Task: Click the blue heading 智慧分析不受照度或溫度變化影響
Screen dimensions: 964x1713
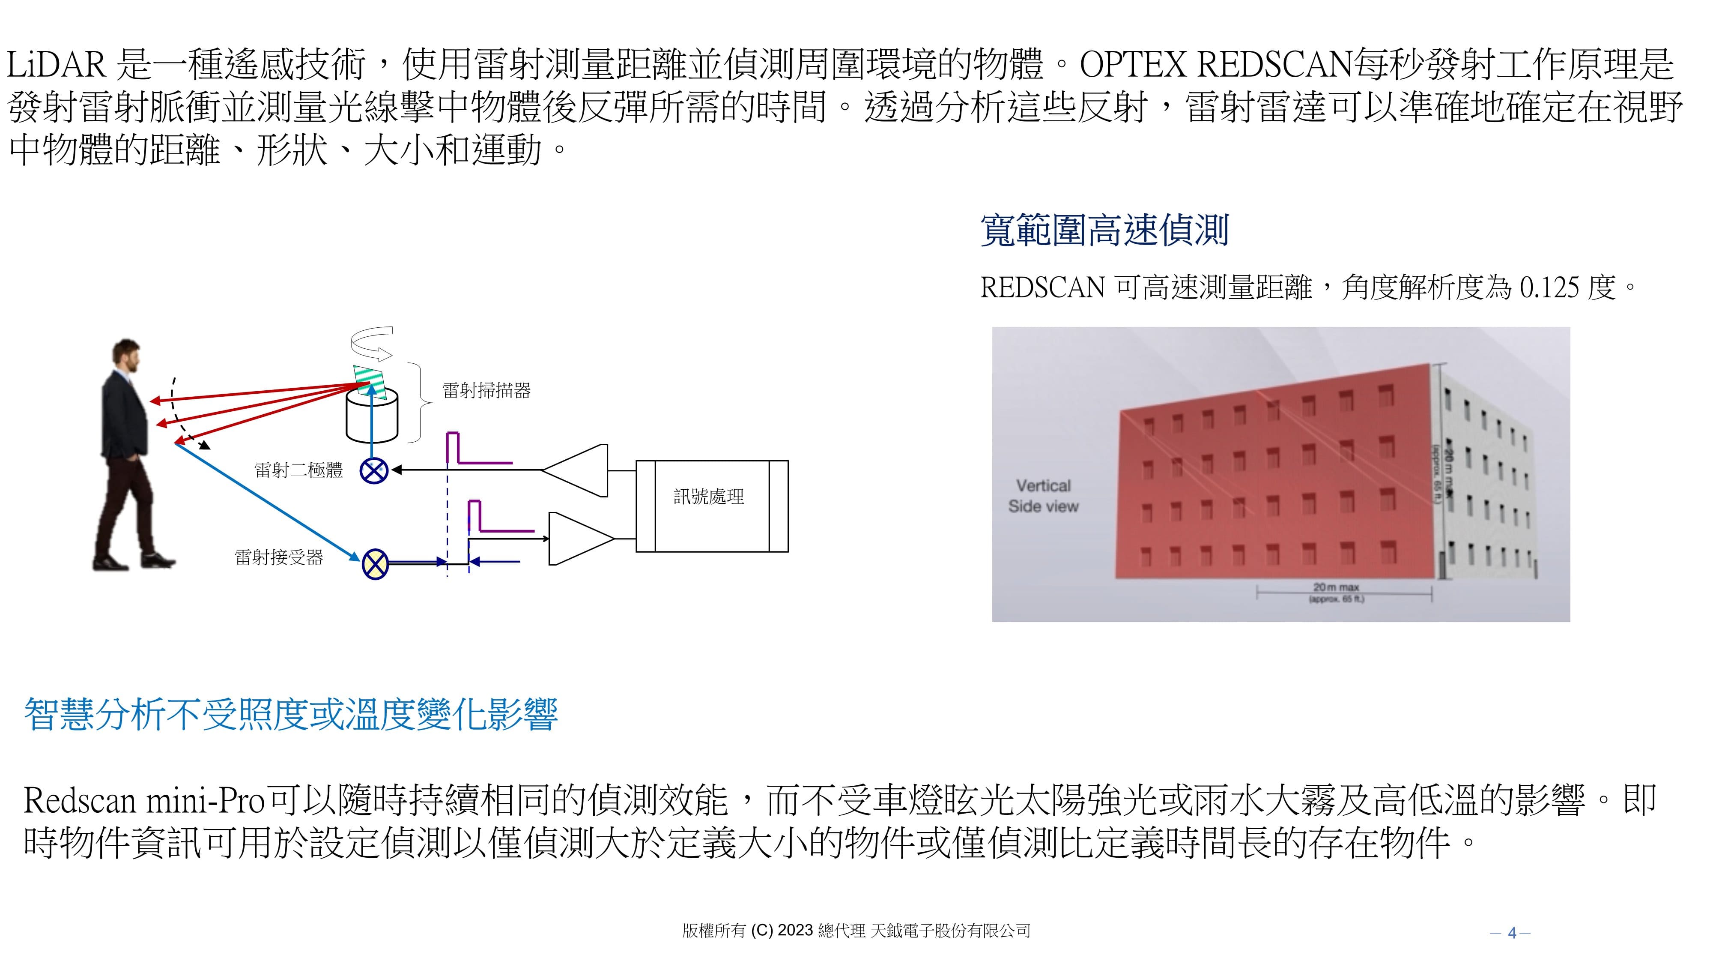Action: tap(291, 715)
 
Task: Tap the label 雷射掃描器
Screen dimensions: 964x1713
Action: tap(486, 390)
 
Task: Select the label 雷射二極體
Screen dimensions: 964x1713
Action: tap(298, 470)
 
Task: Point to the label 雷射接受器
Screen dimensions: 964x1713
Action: tap(279, 557)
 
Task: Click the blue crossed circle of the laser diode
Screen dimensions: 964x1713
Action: tap(374, 470)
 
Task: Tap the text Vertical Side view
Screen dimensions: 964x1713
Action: tap(1043, 496)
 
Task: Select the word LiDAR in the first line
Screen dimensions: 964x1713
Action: tap(56, 65)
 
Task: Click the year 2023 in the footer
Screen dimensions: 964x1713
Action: tap(795, 930)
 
